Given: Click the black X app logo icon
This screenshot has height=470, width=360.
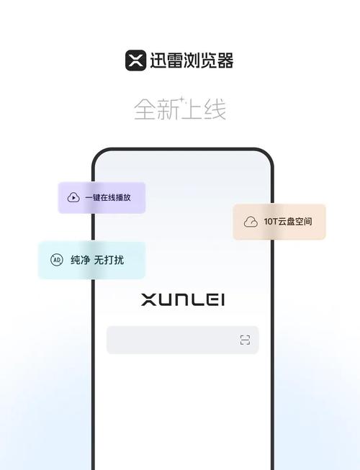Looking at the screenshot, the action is coord(135,60).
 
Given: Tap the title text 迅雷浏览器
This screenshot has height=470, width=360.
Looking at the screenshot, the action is coord(192,60).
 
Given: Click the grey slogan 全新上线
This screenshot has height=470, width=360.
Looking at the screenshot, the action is coord(180,109).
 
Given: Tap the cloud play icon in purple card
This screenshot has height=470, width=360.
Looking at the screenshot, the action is coord(73,197).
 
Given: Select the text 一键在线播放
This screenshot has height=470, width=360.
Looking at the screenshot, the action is coord(108,197).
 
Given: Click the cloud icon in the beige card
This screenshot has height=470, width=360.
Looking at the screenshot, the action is coord(251,222).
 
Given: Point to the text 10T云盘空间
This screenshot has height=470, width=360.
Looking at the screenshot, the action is coord(288,222).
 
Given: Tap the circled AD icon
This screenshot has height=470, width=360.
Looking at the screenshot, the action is coord(57,260).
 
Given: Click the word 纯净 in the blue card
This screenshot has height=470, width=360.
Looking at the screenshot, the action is coord(81,260).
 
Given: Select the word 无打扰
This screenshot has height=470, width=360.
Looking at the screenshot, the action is coord(109,260).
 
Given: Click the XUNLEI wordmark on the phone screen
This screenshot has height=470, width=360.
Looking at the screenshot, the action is coord(183,299).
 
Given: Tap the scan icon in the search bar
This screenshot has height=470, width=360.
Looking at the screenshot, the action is coord(246,340).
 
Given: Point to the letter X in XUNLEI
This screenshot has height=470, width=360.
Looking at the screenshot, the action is coord(148,299).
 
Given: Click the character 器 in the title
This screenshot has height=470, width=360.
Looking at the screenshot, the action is coord(225,60).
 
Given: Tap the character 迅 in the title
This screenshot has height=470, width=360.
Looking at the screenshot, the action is coord(158,60).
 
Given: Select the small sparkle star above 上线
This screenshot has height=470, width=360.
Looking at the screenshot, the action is coord(181,99).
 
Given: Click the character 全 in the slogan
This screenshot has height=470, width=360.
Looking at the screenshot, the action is coord(145,109).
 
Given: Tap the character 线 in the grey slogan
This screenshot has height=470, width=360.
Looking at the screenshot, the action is coord(215,109).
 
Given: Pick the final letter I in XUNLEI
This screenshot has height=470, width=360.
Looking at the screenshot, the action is coord(222,299).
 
